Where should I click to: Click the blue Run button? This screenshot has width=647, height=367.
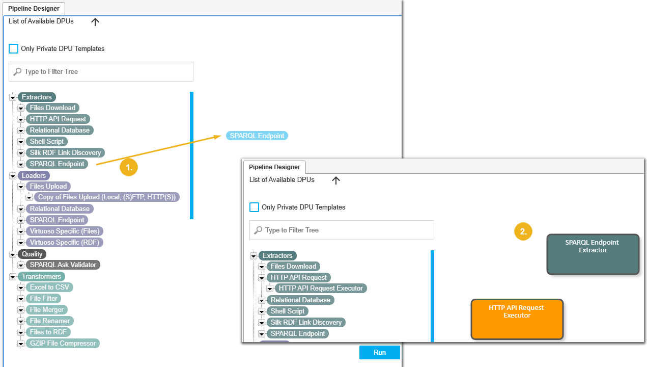click(x=379, y=352)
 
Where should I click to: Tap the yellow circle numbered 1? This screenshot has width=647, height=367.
click(x=129, y=167)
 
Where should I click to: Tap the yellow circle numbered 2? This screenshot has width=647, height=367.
click(x=523, y=231)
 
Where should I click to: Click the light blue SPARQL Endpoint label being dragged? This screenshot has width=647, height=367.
click(x=257, y=136)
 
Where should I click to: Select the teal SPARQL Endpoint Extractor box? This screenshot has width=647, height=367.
click(x=593, y=254)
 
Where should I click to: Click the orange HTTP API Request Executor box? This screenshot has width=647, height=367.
click(x=517, y=319)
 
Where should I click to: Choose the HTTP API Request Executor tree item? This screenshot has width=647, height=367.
click(x=321, y=289)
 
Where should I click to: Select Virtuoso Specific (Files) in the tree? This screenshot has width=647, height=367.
click(x=65, y=231)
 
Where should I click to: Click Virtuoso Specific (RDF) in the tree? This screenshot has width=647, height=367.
click(x=64, y=243)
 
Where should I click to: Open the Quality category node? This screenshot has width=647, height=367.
click(x=32, y=254)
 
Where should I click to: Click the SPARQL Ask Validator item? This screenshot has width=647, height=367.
click(x=63, y=265)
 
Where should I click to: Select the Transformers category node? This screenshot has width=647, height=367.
click(x=41, y=276)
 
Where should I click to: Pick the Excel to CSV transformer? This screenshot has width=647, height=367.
click(x=49, y=287)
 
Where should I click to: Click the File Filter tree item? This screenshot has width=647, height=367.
click(x=44, y=299)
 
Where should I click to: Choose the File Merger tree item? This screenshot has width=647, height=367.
click(x=47, y=310)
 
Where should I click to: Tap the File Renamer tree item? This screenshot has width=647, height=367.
click(x=50, y=321)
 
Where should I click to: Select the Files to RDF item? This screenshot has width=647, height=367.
click(x=48, y=332)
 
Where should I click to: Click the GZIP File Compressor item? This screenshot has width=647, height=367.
click(x=63, y=344)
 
